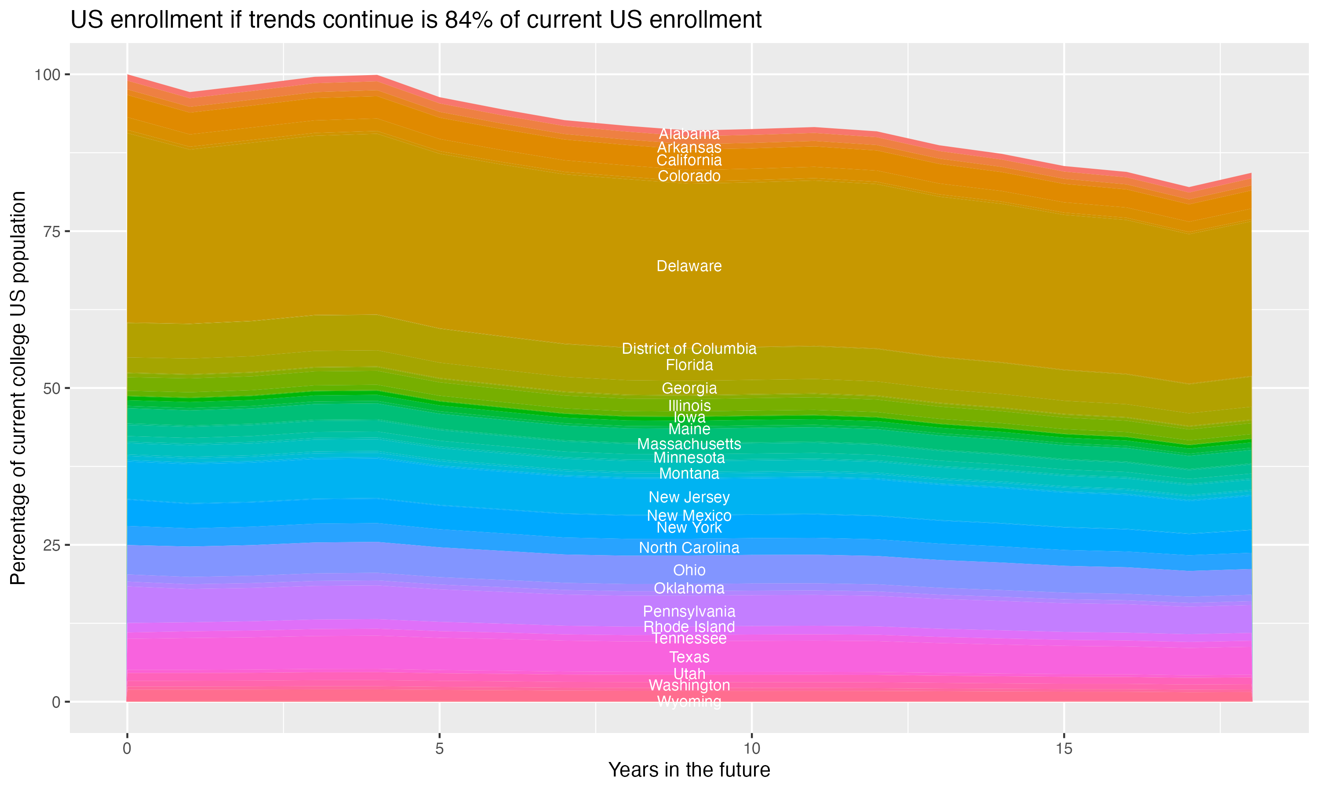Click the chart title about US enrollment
pos(416,20)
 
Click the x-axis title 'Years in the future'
pos(689,769)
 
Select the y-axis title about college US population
pos(18,388)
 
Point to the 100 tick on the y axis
pos(47,75)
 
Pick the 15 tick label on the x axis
pos(1064,749)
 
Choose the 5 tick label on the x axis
pos(439,749)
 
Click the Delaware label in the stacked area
pos(689,266)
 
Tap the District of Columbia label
pos(689,348)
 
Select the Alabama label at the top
pos(689,134)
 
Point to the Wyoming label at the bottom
pos(689,701)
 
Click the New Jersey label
pos(689,497)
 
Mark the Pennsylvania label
pos(689,611)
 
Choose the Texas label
pos(689,657)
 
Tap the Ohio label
pos(689,570)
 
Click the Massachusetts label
pos(689,444)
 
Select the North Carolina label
pos(689,548)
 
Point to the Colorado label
pos(689,176)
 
